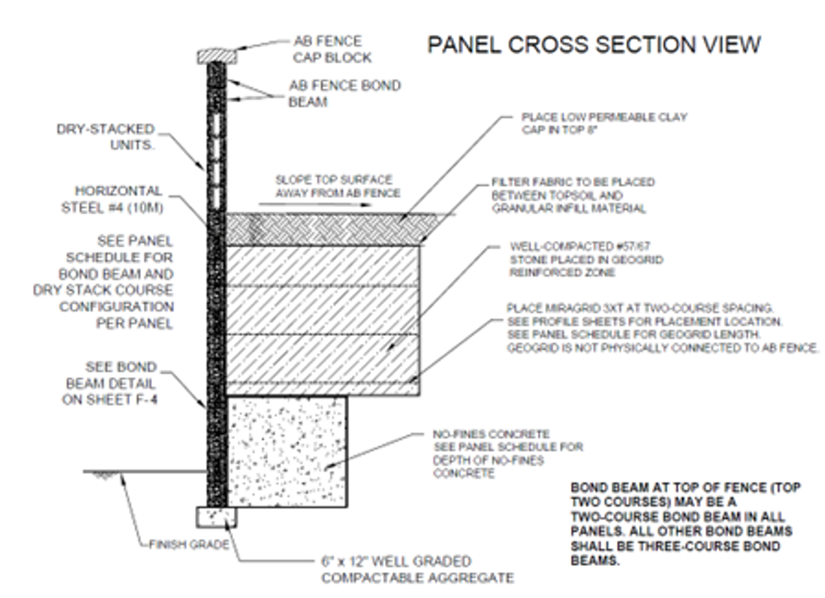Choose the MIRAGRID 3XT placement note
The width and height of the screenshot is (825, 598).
pos(662,324)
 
